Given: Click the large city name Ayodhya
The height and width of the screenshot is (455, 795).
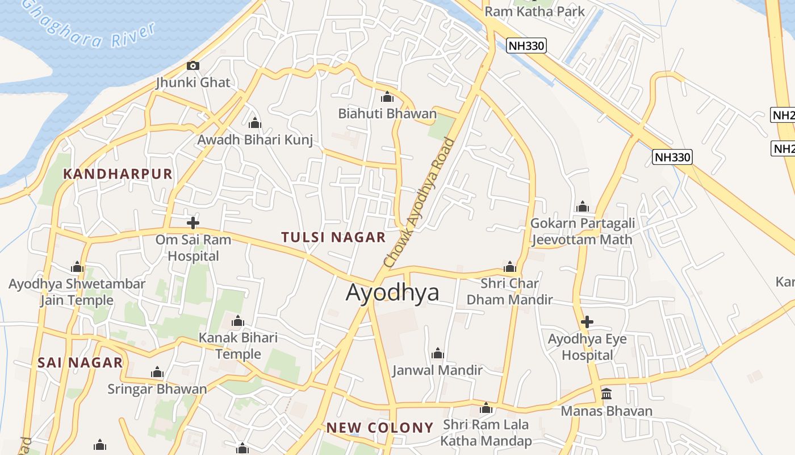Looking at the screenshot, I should click(x=392, y=292).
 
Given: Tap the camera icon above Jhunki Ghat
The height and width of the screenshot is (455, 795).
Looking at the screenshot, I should click(x=193, y=65).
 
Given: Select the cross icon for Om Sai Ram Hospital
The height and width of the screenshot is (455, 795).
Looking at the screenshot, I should click(x=193, y=222).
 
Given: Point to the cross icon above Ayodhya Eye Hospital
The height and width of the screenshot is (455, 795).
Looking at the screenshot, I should click(x=587, y=322).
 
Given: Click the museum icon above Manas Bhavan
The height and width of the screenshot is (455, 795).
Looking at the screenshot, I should click(x=606, y=394).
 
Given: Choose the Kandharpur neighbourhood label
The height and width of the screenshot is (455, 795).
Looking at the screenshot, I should click(x=118, y=174).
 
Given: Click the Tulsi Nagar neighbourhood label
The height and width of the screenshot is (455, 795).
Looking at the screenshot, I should click(x=333, y=237).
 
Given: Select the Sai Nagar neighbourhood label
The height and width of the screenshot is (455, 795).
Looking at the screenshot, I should click(x=80, y=362).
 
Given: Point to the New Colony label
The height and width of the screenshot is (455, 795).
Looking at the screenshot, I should click(x=380, y=428).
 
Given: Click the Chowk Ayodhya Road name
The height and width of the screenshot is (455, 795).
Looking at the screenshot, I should click(x=420, y=202).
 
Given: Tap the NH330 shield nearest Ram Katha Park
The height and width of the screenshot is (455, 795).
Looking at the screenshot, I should click(x=527, y=45).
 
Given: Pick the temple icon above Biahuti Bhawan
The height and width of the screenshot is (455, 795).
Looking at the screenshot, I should click(x=387, y=97).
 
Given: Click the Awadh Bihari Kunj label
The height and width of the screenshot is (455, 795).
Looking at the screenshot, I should click(x=255, y=140).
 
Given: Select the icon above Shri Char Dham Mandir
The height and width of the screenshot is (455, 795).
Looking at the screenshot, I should click(x=509, y=267).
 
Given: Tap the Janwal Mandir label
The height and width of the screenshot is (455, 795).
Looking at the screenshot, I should click(x=437, y=370).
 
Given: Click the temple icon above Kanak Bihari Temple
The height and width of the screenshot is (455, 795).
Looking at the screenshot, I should click(x=238, y=321).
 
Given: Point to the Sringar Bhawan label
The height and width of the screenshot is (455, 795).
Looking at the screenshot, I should click(x=157, y=389).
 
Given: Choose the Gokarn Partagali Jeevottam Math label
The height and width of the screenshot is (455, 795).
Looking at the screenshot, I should click(x=582, y=231).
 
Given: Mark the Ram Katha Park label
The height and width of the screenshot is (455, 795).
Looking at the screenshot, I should click(x=534, y=11).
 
